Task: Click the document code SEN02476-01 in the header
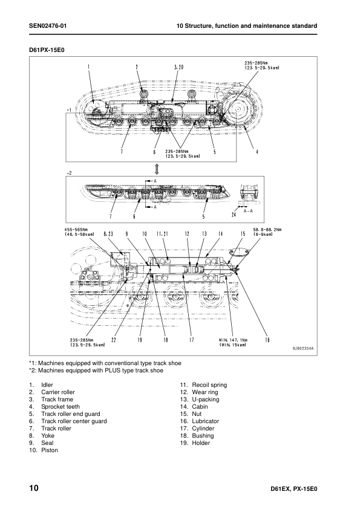coord(48,26)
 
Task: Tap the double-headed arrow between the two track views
coord(157,169)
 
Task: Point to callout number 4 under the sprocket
coord(257,152)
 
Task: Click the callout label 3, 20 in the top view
coord(178,67)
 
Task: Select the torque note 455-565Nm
coord(77,230)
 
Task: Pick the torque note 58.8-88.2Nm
coord(267,230)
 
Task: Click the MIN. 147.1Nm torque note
coord(233,340)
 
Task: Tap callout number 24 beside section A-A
coord(234,215)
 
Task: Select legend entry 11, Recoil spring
coord(204,385)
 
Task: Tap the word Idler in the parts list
coord(47,385)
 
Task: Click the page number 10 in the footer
coord(34,488)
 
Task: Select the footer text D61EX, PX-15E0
coord(289,489)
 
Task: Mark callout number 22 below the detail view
coord(114,340)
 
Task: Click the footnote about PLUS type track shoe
coord(96,371)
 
